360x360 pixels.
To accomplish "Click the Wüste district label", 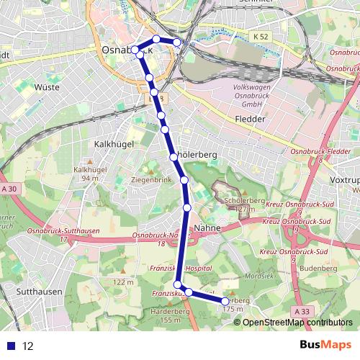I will click(x=47, y=87).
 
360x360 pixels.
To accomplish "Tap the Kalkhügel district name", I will click(x=110, y=144).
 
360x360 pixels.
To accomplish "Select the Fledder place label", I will click(x=251, y=119).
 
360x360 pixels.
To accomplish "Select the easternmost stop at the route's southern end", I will click(x=225, y=302).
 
